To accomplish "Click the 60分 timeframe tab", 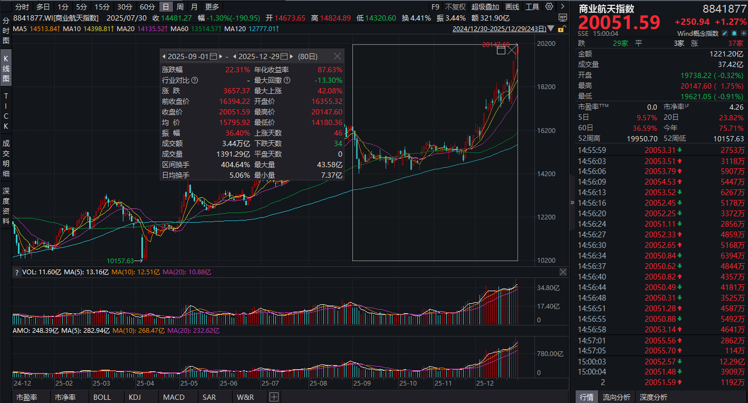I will click(x=147, y=7).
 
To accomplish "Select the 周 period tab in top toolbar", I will click(x=180, y=7).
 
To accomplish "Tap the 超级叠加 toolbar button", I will click(x=485, y=7).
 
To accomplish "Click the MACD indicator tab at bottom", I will click(x=174, y=397).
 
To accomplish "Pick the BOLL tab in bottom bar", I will click(x=102, y=397).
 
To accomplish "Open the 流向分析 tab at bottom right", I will click(x=616, y=397).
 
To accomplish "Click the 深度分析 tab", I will click(x=653, y=397).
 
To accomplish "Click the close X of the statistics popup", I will click(x=338, y=56).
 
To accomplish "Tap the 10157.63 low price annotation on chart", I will click(x=120, y=261).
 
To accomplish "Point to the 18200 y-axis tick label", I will click(x=546, y=87).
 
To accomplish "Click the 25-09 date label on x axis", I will click(x=362, y=383).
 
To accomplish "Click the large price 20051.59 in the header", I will click(x=620, y=23).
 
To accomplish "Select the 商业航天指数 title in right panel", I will click(x=607, y=8).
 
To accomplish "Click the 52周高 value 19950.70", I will click(x=639, y=138).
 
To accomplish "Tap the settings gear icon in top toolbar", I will click(x=549, y=7).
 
